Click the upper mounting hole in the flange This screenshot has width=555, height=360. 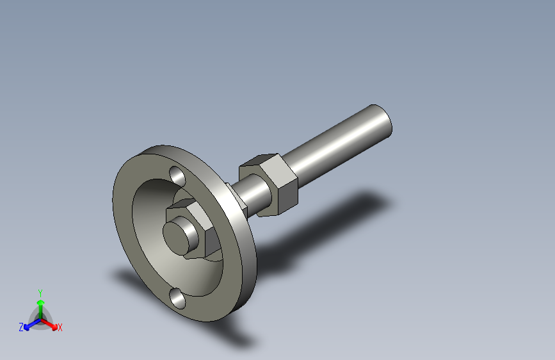click(x=177, y=175)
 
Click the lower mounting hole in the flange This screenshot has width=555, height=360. click(x=177, y=297)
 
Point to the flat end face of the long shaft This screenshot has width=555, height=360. click(x=383, y=121)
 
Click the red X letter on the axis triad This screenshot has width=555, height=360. click(x=60, y=328)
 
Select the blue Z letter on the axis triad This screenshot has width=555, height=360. click(x=20, y=327)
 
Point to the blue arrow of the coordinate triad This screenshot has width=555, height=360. click(x=29, y=324)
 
